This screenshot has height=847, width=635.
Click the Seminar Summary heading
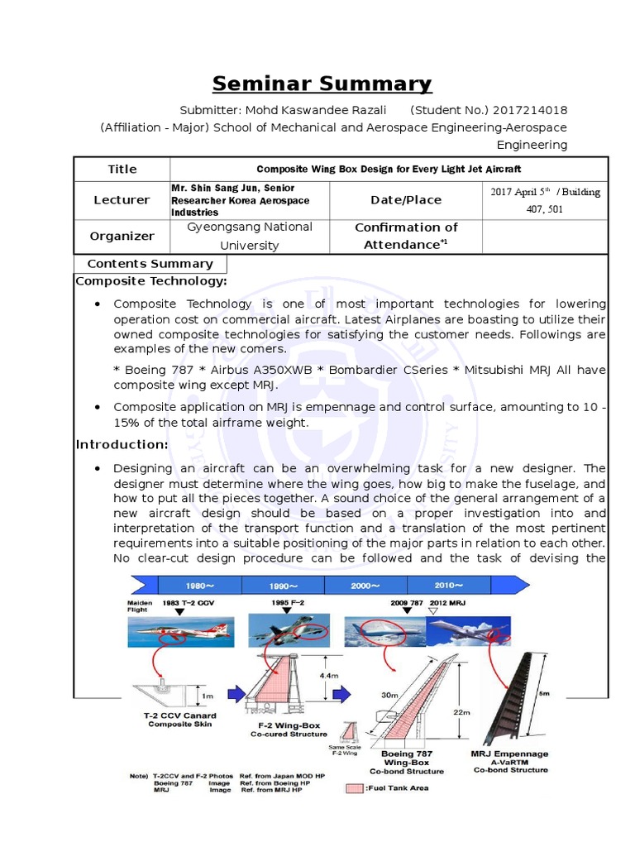(x=322, y=84)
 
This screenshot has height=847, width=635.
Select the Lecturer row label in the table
(x=122, y=199)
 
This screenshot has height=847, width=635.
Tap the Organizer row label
(x=122, y=236)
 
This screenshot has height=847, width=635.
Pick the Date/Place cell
(x=405, y=199)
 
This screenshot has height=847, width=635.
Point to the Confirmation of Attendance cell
(x=405, y=236)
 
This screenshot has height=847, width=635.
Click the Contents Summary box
(x=150, y=264)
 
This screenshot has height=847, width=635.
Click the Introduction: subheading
(x=122, y=444)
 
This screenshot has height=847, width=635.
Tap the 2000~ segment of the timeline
(x=365, y=585)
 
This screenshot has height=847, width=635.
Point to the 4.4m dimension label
(x=329, y=676)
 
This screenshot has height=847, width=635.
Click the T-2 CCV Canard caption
(x=181, y=715)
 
